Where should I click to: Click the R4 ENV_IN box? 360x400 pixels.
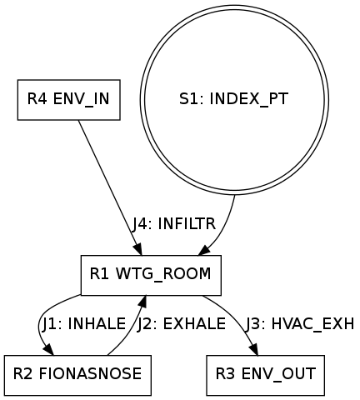coord(69,100)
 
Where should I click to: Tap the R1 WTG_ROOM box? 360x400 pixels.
coord(151,275)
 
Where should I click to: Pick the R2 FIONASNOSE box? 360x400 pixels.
coord(77,375)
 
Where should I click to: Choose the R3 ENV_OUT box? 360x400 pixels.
coord(266,375)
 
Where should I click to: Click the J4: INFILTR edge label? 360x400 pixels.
coord(174,224)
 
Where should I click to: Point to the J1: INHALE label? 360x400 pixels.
coord(84,324)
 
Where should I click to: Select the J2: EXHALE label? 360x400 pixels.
coord(182,324)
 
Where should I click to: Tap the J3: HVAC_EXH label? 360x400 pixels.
coord(299,324)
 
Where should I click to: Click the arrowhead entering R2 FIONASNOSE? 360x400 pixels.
coord(48,349)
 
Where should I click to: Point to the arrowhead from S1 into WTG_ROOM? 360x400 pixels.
coord(204,250)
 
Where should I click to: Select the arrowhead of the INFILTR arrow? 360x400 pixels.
coord(138,249)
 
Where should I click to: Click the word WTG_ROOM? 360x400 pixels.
coord(163,274)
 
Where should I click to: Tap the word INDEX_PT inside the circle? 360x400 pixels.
coord(249,99)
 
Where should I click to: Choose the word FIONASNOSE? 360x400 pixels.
coord(90,374)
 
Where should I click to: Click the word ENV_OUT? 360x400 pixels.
coord(278,374)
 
